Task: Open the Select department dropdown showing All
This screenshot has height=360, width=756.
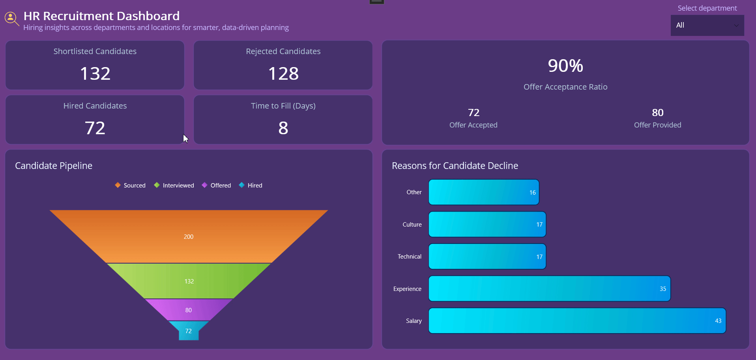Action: [707, 25]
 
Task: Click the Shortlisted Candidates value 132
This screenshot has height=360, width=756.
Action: [95, 74]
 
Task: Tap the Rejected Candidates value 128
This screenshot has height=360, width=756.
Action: [283, 74]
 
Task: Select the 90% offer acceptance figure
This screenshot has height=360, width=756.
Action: [565, 66]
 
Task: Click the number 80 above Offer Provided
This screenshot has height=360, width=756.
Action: [657, 113]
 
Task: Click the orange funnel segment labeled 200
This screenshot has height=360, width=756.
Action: [189, 237]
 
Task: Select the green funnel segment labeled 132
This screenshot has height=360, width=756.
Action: [189, 281]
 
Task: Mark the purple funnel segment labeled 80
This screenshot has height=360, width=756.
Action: [189, 310]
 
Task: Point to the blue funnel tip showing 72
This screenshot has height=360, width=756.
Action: [189, 331]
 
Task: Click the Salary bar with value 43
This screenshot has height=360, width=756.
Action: [577, 321]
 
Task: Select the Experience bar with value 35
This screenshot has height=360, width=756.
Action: [550, 289]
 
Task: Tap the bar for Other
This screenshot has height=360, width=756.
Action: [484, 193]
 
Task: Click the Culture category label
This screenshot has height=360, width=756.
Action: [412, 225]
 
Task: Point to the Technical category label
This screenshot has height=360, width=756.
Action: [410, 257]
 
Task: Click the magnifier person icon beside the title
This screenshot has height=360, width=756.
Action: [11, 18]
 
